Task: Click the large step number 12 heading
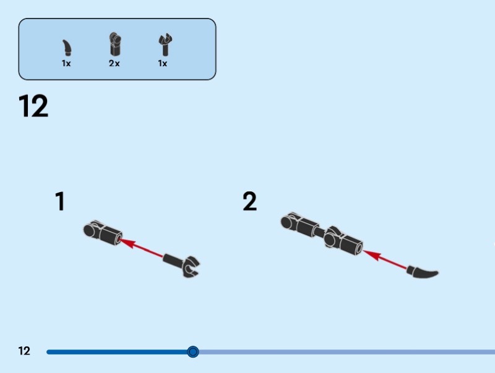(x=33, y=106)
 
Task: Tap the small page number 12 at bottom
(x=24, y=351)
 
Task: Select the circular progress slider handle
(x=193, y=352)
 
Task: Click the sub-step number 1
(x=60, y=202)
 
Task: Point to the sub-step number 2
(x=249, y=202)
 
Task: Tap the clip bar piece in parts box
(x=163, y=46)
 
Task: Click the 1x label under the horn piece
(x=66, y=64)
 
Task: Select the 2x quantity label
(x=114, y=64)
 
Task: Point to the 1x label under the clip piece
(x=163, y=64)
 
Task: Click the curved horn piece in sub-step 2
(x=423, y=271)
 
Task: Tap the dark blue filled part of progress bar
(x=118, y=352)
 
